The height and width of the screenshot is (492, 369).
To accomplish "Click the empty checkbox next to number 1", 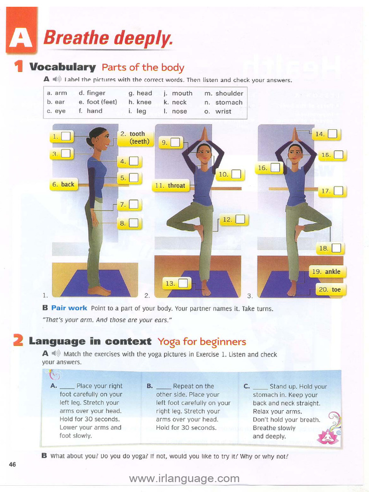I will click(x=66, y=136).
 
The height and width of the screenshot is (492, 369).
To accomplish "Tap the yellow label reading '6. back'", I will click(x=63, y=184).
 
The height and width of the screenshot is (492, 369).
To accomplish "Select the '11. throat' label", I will click(x=170, y=186).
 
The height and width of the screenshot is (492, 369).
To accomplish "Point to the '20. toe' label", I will click(x=330, y=290).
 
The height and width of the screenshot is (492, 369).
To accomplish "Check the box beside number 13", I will click(x=183, y=283).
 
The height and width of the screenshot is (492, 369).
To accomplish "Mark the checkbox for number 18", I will click(x=336, y=248).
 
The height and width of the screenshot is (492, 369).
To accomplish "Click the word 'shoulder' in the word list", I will click(x=229, y=93).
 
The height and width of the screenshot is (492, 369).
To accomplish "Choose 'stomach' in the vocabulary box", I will click(x=229, y=102).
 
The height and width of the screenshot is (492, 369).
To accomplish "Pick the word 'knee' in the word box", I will click(x=144, y=102).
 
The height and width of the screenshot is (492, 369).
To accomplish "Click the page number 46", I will click(x=12, y=464).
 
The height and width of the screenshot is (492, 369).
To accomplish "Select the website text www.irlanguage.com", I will click(x=184, y=479).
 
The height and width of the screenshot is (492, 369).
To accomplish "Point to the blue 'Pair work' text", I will click(x=69, y=308).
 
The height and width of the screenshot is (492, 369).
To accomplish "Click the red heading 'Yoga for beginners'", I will click(x=202, y=342).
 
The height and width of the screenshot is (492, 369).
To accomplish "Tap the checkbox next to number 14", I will click(x=332, y=134).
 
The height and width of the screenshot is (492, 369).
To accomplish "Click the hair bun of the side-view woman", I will click(x=88, y=141).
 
